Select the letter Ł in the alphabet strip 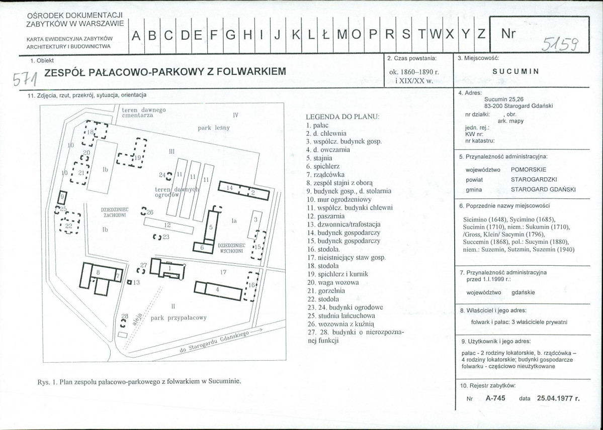[x=325, y=35]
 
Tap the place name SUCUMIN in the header [x=515, y=71]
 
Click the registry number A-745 [x=495, y=398]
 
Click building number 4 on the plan [x=218, y=290]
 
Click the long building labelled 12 [x=168, y=226]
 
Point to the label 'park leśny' [x=214, y=128]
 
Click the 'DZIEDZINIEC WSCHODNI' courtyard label [x=231, y=248]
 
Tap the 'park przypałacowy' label [x=179, y=318]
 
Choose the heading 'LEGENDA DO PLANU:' [x=342, y=117]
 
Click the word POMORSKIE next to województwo [x=529, y=169]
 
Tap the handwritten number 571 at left [x=25, y=79]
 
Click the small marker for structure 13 [x=129, y=282]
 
